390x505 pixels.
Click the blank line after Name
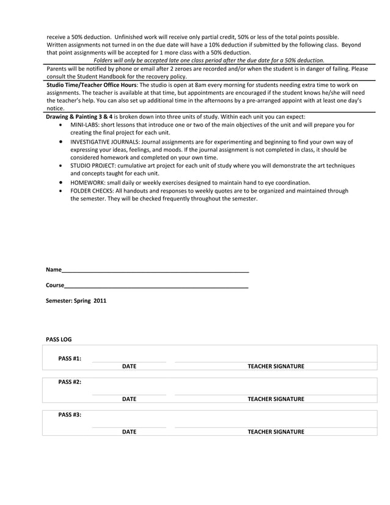pyautogui.click(x=155, y=270)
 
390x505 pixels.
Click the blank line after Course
pyautogui.click(x=156, y=286)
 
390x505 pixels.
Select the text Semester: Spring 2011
pyautogui.click(x=76, y=301)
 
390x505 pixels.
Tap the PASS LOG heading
pyautogui.click(x=59, y=339)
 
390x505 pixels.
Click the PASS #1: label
pyautogui.click(x=70, y=358)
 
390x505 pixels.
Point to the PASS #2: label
pyautogui.click(x=70, y=382)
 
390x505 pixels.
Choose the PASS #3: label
pyautogui.click(x=70, y=415)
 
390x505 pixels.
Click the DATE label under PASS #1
pyautogui.click(x=129, y=367)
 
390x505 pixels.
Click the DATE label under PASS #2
pyautogui.click(x=129, y=399)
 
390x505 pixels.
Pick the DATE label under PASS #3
pyautogui.click(x=129, y=432)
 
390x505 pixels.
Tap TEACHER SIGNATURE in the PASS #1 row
pyautogui.click(x=276, y=367)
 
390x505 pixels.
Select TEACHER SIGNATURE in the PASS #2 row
pyautogui.click(x=276, y=399)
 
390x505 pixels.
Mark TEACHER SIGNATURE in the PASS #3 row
pyautogui.click(x=276, y=432)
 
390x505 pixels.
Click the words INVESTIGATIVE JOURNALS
pyautogui.click(x=103, y=142)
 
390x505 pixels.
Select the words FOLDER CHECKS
pyautogui.click(x=92, y=191)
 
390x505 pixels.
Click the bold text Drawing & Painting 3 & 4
pyautogui.click(x=81, y=117)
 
